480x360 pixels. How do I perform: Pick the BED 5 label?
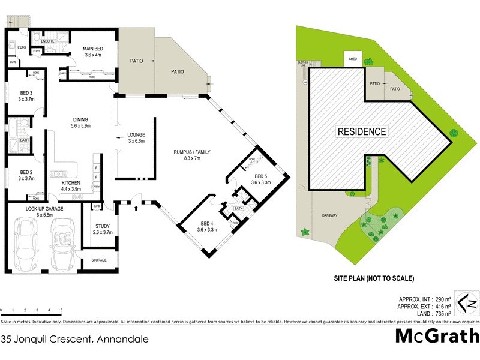coord(261,178)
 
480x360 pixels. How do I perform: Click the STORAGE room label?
coord(98,260)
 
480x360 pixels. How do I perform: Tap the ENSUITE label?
coord(48,41)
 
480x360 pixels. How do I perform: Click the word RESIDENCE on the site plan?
coord(362,131)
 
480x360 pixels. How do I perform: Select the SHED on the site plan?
coord(352,59)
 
